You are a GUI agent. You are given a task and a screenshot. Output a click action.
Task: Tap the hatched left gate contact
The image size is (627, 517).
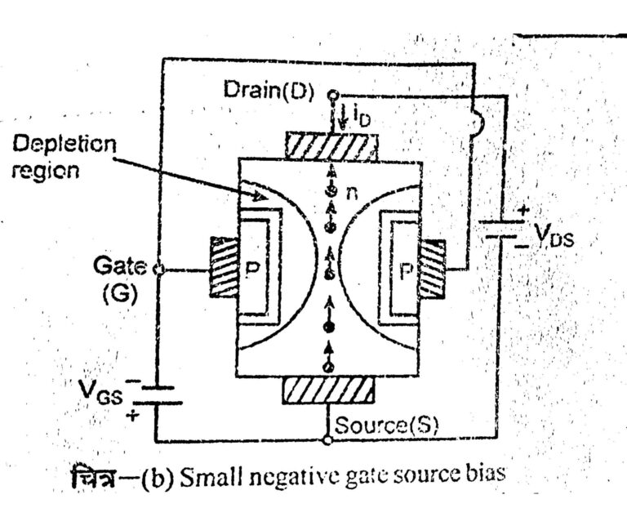(224, 269)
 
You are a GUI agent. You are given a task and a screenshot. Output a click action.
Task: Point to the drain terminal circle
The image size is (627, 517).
(333, 93)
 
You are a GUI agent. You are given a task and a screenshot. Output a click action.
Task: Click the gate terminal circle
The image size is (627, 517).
(156, 269)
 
